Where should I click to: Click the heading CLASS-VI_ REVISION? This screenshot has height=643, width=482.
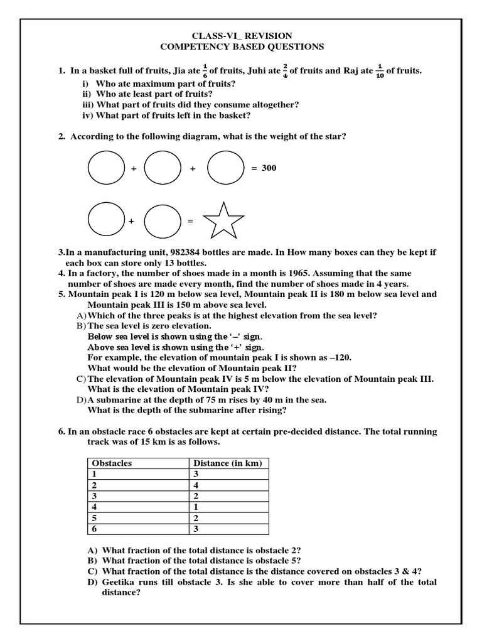pos(242,36)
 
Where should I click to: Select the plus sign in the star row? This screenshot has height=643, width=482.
pos(132,221)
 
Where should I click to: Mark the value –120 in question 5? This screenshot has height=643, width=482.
pos(338,357)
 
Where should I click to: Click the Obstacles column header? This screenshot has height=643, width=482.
pos(112,463)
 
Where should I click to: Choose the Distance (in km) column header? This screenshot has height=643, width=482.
pos(227,463)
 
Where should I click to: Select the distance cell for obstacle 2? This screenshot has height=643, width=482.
pos(196,485)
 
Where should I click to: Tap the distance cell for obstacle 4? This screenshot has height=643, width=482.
pos(196,506)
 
